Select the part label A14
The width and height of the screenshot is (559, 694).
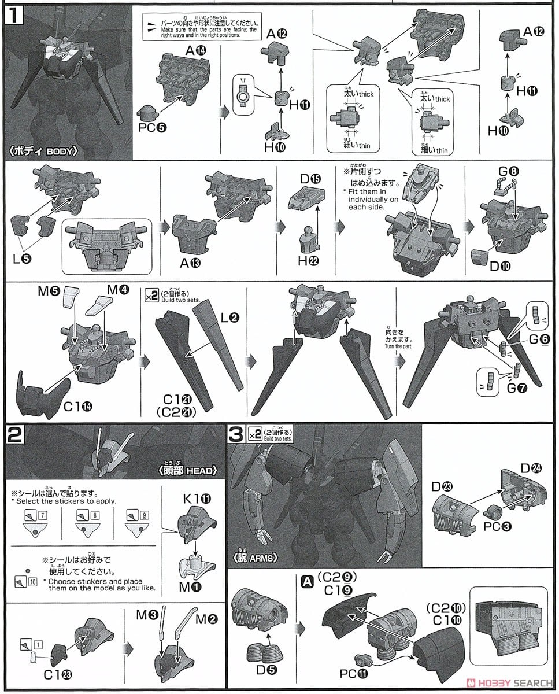[x=195, y=50]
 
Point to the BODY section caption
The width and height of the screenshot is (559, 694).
[x=44, y=152]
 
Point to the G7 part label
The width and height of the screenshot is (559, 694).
[x=517, y=388]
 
